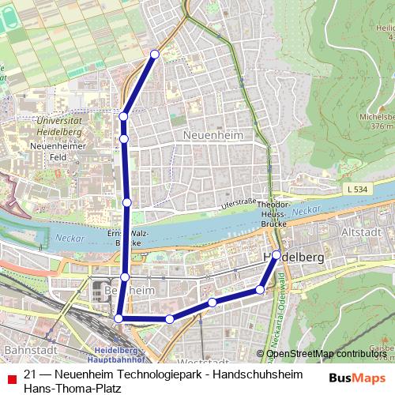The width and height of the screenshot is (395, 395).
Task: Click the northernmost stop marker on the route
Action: click(x=155, y=54)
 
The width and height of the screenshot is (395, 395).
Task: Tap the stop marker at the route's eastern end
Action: click(x=276, y=254)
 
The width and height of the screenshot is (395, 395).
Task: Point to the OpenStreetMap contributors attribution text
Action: click(x=325, y=354)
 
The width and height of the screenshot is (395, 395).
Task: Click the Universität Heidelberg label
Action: click(x=59, y=126)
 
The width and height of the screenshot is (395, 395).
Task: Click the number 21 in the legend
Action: click(x=31, y=374)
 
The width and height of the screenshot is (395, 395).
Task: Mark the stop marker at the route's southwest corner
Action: click(x=118, y=318)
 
